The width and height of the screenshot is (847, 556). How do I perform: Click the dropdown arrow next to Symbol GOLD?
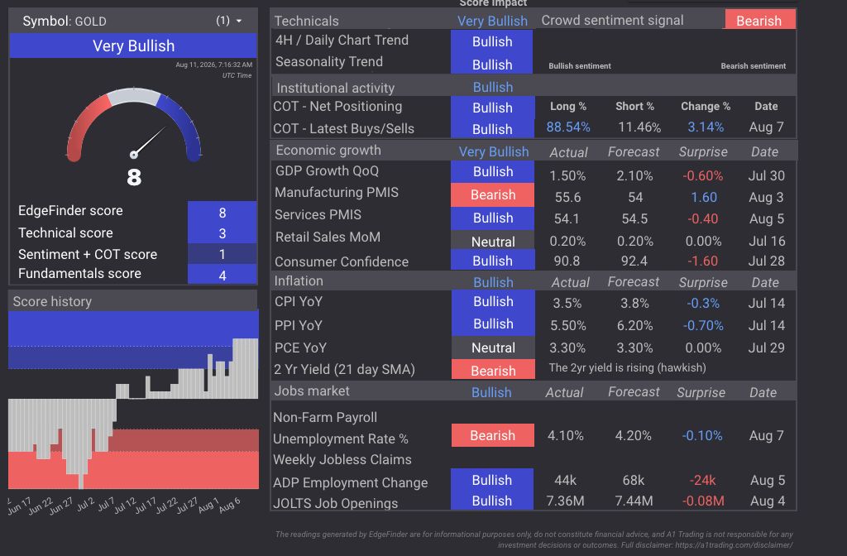(x=239, y=21)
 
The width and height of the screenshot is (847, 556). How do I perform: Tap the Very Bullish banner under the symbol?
(x=133, y=46)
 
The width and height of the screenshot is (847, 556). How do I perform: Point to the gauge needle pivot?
(x=134, y=155)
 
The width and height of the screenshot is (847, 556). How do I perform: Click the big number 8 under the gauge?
(x=134, y=177)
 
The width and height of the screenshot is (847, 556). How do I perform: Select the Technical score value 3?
(x=222, y=233)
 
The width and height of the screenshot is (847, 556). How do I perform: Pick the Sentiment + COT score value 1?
(x=222, y=254)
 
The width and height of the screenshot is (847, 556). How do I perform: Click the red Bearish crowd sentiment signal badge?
(x=759, y=21)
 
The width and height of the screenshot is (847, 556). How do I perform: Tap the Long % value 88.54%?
(x=567, y=127)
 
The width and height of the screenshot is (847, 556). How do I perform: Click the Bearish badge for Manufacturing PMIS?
(x=493, y=194)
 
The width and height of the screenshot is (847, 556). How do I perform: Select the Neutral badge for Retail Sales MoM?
(x=493, y=242)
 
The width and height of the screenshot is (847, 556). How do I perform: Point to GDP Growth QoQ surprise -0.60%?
(x=702, y=175)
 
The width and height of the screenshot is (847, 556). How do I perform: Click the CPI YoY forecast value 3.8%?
(x=634, y=303)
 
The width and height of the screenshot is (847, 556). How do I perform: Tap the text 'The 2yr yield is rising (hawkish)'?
(x=627, y=368)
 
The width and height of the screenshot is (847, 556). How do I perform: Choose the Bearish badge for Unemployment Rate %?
(x=493, y=435)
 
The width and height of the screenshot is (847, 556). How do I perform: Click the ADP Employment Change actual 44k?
(x=565, y=481)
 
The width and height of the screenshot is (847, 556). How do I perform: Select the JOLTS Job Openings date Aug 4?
(x=767, y=501)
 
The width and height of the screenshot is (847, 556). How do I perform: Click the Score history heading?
(x=52, y=301)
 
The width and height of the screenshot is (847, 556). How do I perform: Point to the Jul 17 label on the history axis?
(x=144, y=506)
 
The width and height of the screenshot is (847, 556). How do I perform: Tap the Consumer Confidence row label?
(x=342, y=261)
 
